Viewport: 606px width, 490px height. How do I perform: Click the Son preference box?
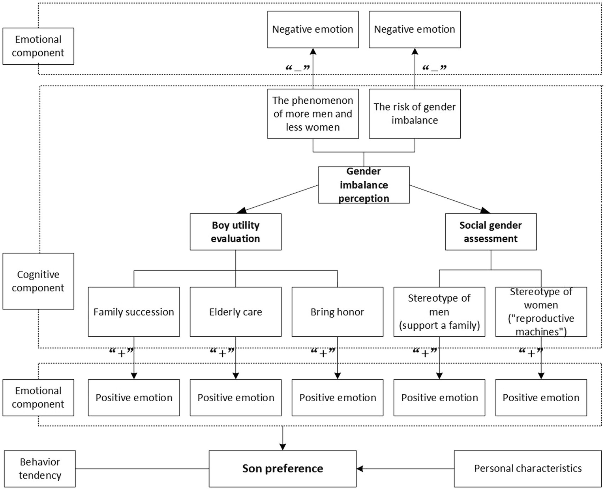pos(282,469)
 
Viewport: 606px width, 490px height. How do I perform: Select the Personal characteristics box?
pos(528,469)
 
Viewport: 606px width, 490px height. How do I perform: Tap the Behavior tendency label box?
pos(39,469)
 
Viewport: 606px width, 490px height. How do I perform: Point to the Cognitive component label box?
pos(38,281)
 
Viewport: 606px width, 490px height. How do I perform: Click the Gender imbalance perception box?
pos(364,185)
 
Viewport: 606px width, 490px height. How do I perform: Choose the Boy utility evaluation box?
pos(235,232)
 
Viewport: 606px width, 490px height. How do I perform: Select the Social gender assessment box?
pos(490,232)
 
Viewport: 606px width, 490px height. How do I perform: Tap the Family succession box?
pos(133,312)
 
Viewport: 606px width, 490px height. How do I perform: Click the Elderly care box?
pos(235,312)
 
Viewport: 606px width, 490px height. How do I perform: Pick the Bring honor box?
pos(337,312)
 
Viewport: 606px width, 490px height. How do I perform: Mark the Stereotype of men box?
pos(439,312)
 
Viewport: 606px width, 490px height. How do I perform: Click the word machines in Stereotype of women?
pos(537,332)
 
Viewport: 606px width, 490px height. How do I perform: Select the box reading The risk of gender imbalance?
pos(415,114)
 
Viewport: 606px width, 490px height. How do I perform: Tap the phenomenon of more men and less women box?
pos(313,114)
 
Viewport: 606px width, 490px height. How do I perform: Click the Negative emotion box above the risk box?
pos(415,30)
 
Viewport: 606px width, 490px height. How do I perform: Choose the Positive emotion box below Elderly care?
pos(235,398)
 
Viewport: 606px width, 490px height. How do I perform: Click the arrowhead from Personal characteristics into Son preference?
pos(360,469)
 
